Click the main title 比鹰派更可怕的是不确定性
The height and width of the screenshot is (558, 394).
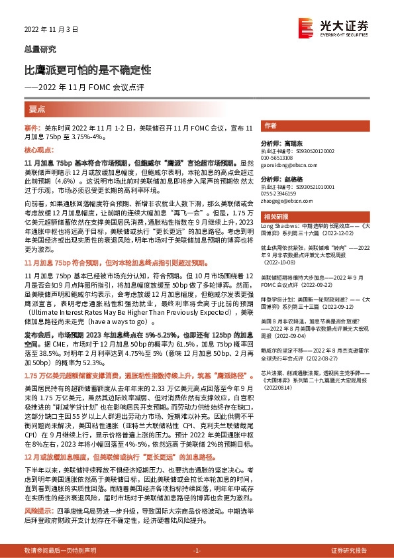[x=87, y=70]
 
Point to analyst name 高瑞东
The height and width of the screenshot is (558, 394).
[x=289, y=143]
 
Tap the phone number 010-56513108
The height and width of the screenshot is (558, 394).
[x=279, y=158]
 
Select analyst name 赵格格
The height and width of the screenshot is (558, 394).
[x=289, y=180]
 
